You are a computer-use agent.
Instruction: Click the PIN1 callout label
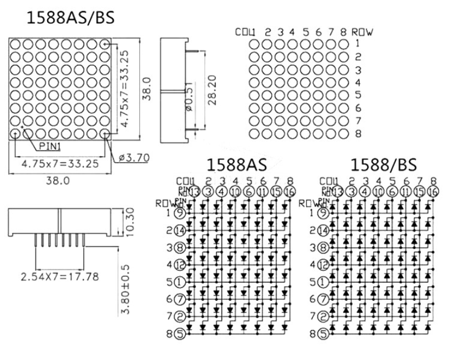50,146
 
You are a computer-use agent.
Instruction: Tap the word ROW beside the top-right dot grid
362,32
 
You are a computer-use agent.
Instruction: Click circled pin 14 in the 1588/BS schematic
323,230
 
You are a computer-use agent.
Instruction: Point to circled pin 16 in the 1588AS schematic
290,191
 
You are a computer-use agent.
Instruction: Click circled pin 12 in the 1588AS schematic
180,265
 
